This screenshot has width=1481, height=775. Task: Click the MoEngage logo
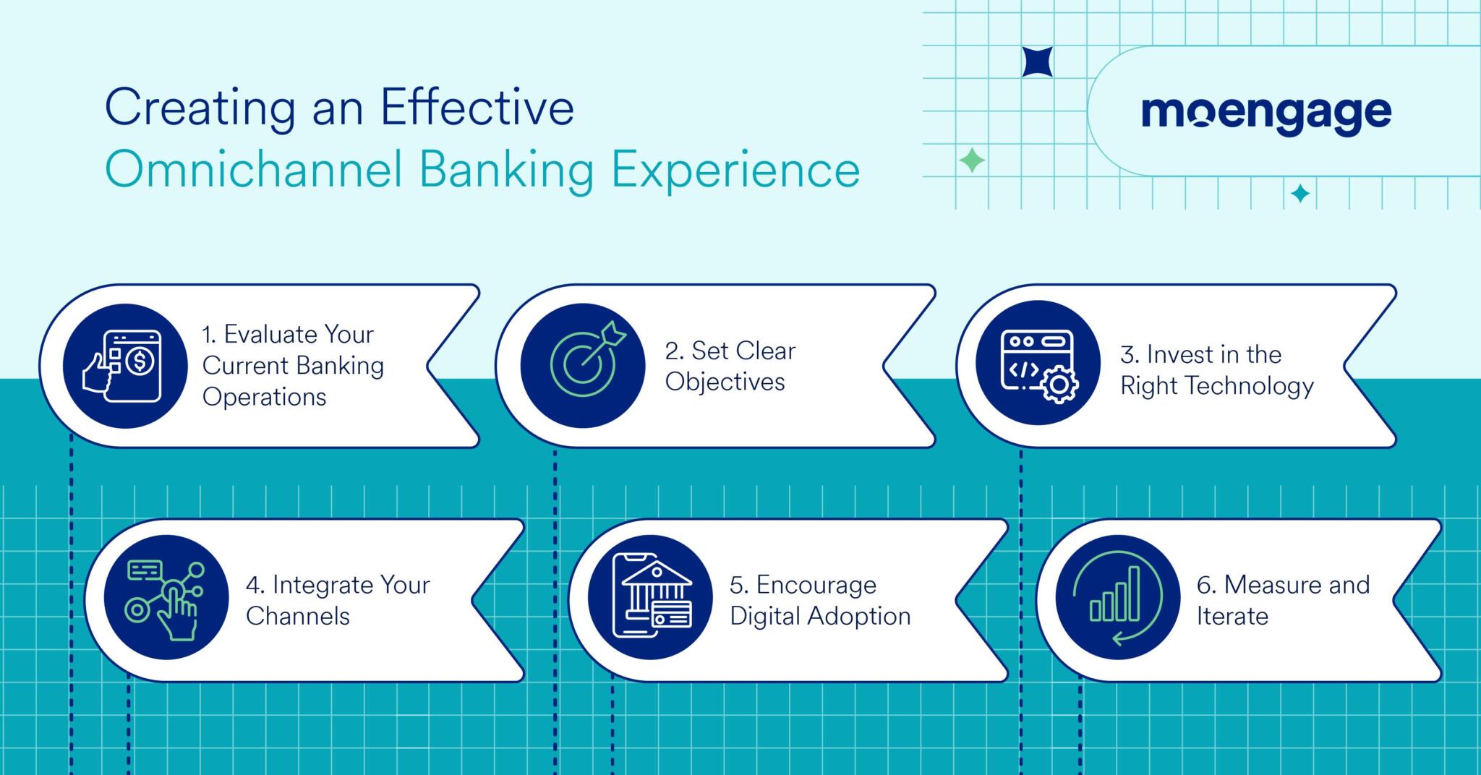[x=1266, y=114]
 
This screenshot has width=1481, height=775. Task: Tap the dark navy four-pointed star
[x=1037, y=62]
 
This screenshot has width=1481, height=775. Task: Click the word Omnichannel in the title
[x=253, y=171]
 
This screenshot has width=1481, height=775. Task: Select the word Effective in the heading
[x=477, y=108]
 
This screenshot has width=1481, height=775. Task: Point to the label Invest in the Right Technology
[x=1216, y=370]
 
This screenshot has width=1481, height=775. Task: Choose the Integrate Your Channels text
[x=337, y=600]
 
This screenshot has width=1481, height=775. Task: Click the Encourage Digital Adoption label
[x=819, y=600]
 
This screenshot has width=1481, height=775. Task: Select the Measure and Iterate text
[x=1282, y=600]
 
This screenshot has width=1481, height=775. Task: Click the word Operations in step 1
[x=264, y=397]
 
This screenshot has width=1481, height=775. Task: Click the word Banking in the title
[x=506, y=171]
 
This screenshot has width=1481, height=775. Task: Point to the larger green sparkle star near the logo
[x=971, y=160]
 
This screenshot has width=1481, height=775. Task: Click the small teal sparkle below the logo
[x=1300, y=193]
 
